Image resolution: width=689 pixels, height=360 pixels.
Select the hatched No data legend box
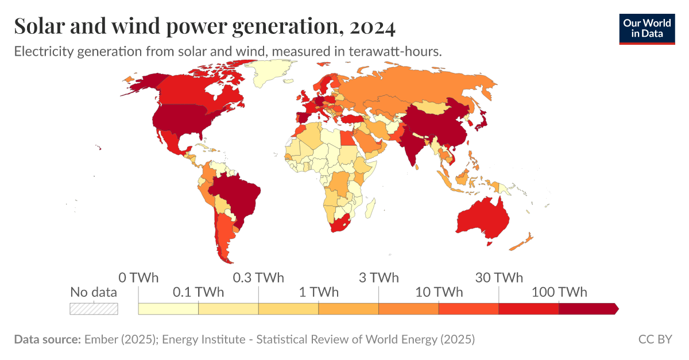click(94, 308)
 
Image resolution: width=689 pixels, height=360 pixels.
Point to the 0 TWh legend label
click(138, 278)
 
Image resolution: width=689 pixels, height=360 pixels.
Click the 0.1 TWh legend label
click(198, 292)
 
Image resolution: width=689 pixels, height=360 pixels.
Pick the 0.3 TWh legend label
click(258, 278)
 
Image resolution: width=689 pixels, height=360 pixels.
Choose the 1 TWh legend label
click(319, 292)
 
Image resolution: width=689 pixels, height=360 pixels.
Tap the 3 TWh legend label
click(378, 278)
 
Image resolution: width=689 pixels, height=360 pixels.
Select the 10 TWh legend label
click(439, 292)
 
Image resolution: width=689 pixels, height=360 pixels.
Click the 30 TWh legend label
click(499, 278)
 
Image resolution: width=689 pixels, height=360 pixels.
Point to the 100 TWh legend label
click(559, 292)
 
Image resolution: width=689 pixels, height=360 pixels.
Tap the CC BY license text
click(655, 339)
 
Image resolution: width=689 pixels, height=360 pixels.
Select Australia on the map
click(483, 219)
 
